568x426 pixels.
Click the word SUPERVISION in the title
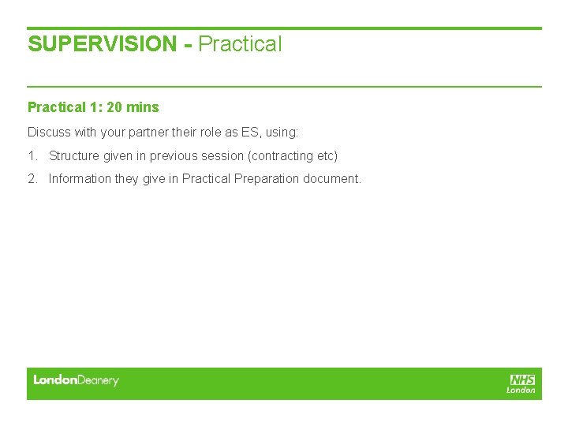click(102, 44)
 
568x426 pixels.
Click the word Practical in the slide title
click(240, 44)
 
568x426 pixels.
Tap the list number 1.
click(32, 156)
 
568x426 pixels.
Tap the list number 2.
click(32, 178)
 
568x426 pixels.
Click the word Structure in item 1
click(74, 156)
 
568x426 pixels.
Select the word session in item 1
click(220, 156)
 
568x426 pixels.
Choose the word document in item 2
click(331, 178)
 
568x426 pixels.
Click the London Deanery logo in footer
click(76, 380)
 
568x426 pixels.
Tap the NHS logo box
click(522, 379)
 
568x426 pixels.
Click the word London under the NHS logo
click(521, 390)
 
